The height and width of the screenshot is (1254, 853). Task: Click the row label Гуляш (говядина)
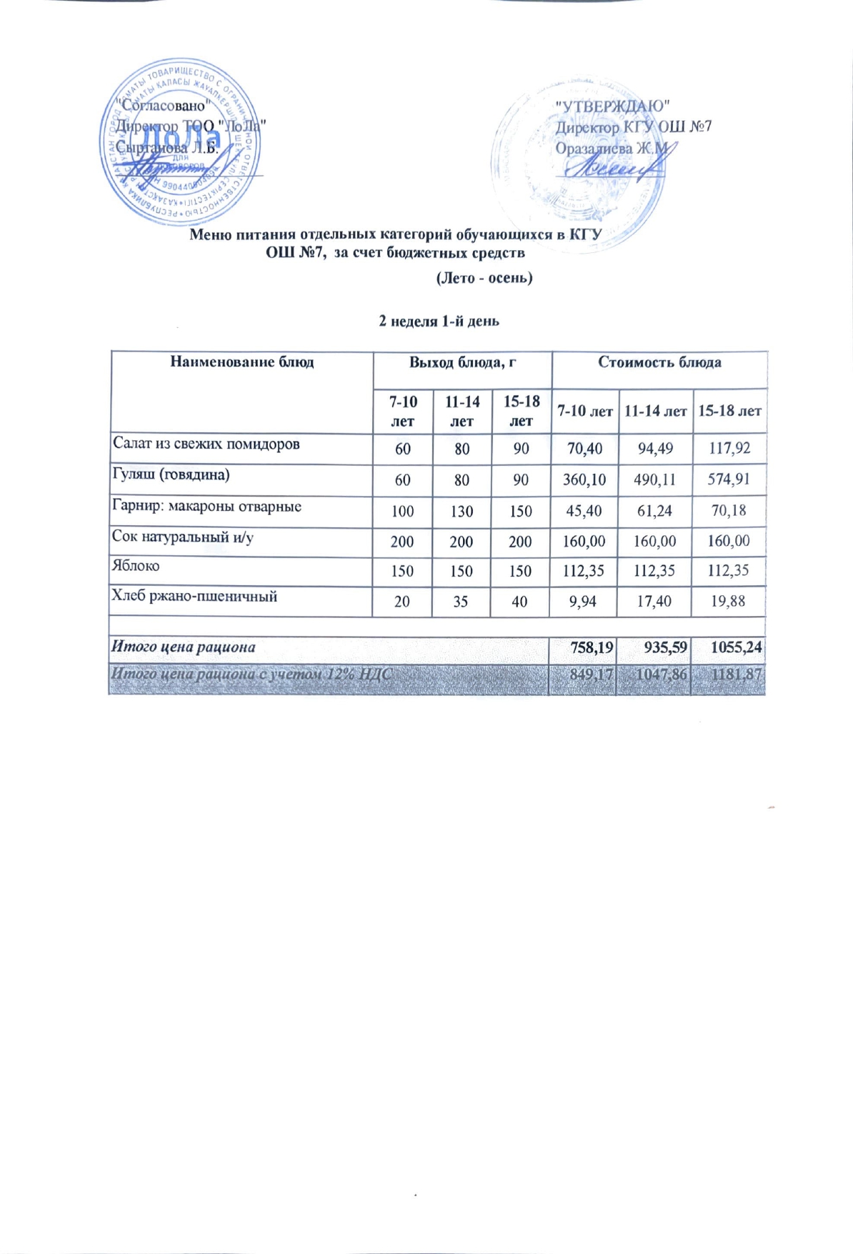coord(171,474)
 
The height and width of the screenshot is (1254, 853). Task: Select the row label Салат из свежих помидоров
coord(206,444)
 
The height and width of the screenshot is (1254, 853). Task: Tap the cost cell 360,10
coord(584,479)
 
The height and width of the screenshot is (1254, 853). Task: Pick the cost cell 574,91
coord(729,479)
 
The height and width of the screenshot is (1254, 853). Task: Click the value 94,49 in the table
coord(655,449)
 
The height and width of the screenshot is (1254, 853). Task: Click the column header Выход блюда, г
coord(462,362)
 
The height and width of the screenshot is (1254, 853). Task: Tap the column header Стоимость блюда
coord(659,362)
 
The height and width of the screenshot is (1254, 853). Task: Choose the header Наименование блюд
coord(241,362)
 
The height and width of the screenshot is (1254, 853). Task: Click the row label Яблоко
coord(136,565)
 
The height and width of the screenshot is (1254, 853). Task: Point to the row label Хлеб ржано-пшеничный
coord(194,596)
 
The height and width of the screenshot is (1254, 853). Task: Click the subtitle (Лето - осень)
coord(484,277)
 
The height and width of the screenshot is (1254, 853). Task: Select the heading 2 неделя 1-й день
coord(439,321)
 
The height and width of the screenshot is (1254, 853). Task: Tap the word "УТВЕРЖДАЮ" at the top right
coord(612,106)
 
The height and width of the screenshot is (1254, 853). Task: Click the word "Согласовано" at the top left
coord(163,105)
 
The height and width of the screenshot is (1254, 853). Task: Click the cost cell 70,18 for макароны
coord(729,511)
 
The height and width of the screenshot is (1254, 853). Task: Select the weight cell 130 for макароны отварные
coord(462,512)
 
